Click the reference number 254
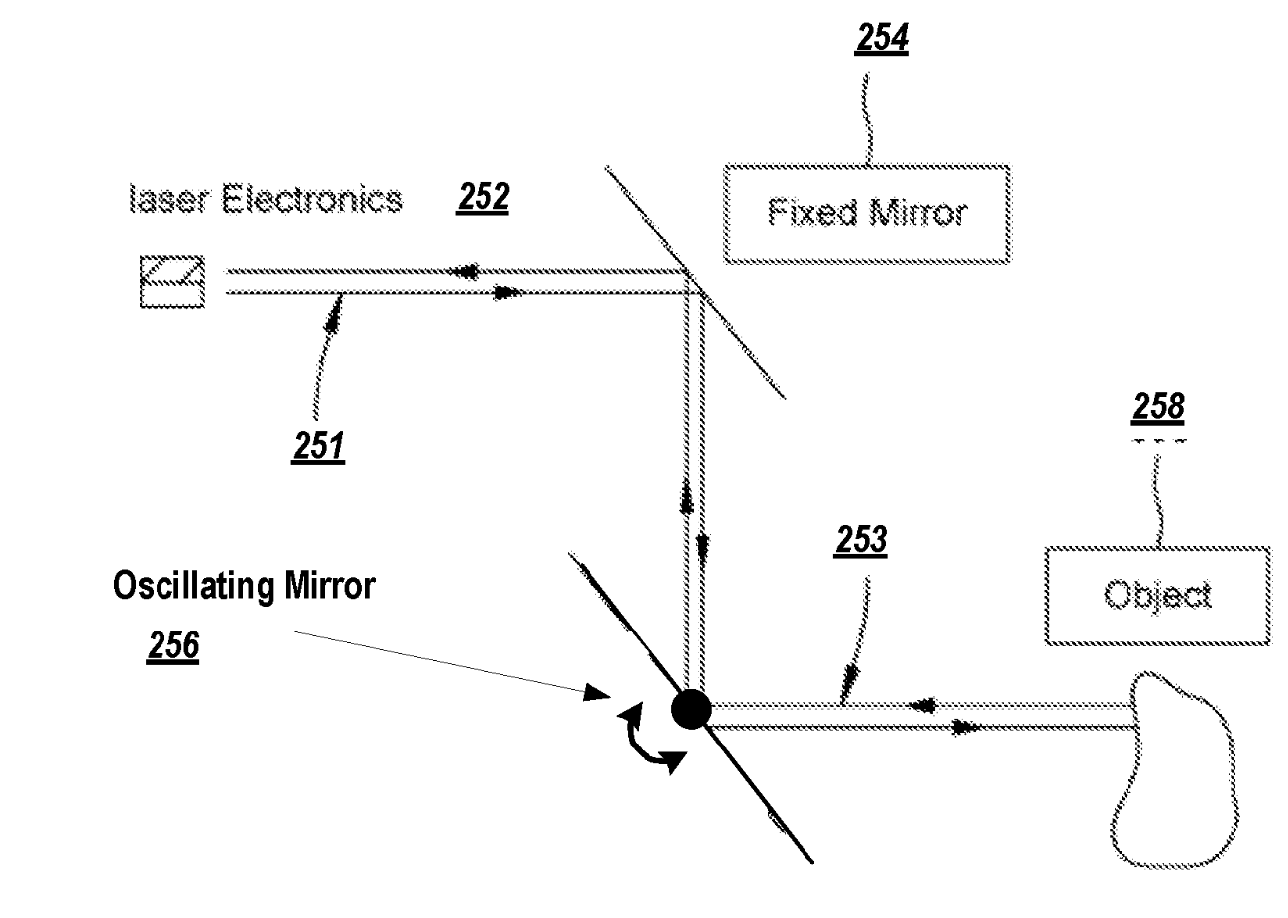click(x=881, y=39)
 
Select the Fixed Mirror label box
click(x=867, y=214)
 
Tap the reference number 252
click(x=483, y=198)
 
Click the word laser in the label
click(x=169, y=200)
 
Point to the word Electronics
click(x=311, y=200)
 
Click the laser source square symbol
click(x=172, y=282)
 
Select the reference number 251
click(x=318, y=447)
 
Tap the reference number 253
click(x=860, y=541)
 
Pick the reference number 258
click(x=1158, y=406)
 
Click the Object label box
click(x=1157, y=596)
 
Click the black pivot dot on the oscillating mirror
click(x=691, y=709)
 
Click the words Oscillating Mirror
click(x=244, y=585)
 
